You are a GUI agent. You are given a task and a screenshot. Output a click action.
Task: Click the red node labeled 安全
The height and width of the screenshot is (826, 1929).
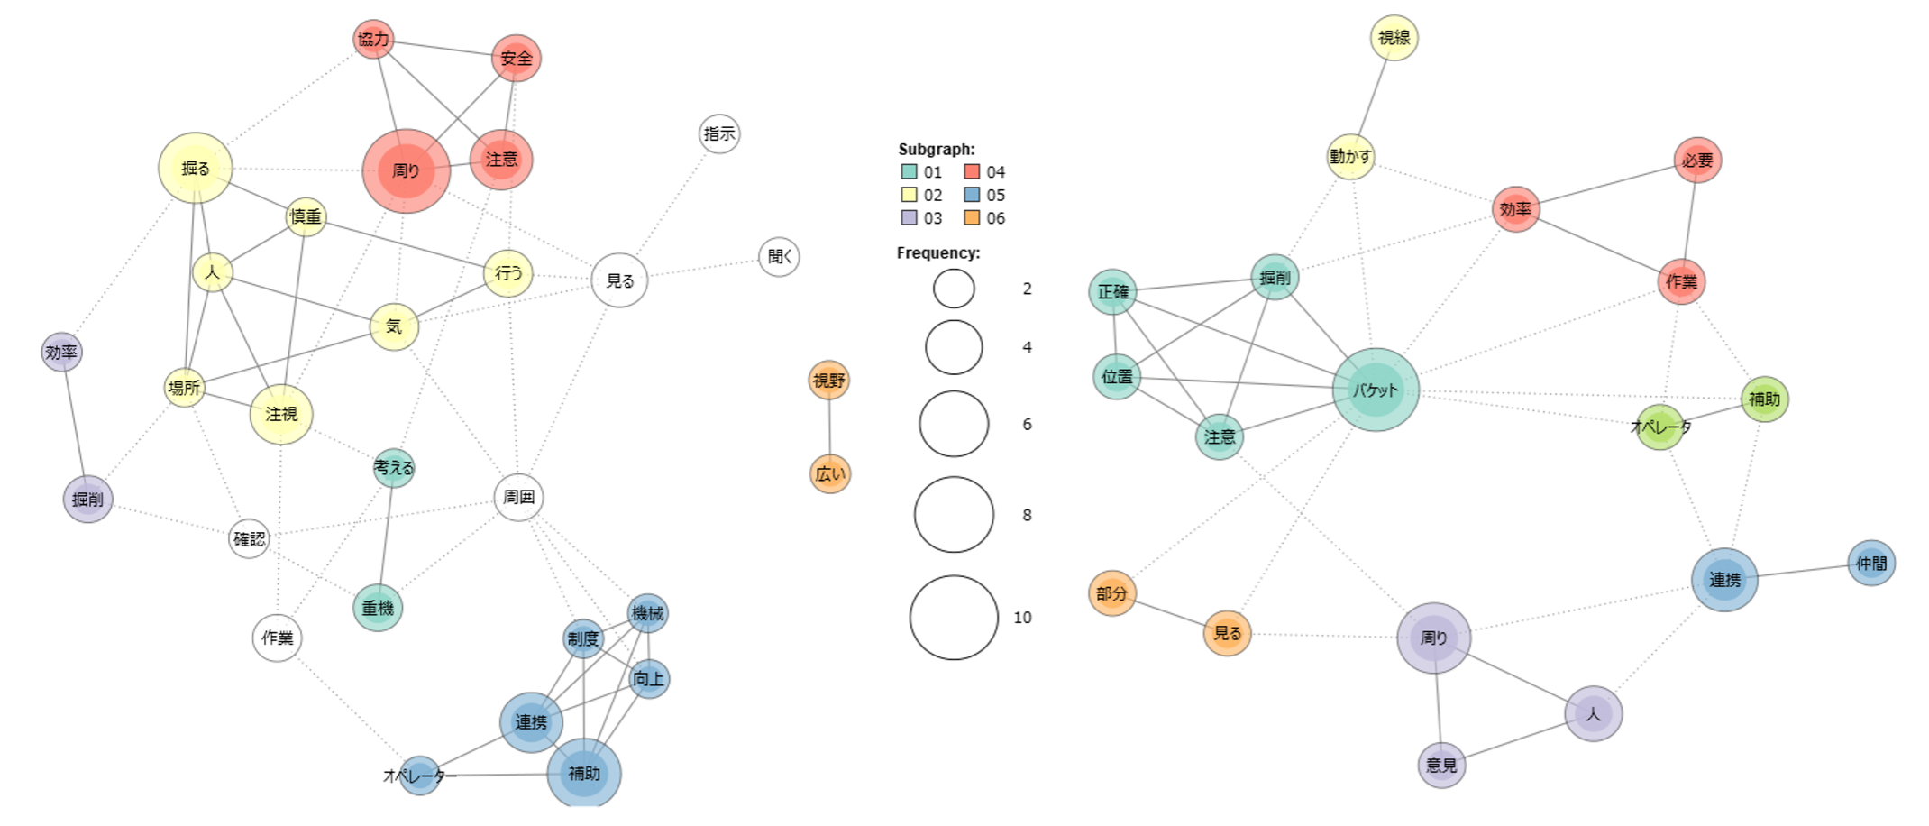pyautogui.click(x=516, y=59)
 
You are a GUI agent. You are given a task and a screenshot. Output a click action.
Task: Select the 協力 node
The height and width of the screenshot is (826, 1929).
pyautogui.click(x=373, y=39)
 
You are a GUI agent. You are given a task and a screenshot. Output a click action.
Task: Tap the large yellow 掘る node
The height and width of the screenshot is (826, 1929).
pyautogui.click(x=195, y=168)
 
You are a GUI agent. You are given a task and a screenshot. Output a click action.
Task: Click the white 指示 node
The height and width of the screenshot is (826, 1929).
pyautogui.click(x=719, y=134)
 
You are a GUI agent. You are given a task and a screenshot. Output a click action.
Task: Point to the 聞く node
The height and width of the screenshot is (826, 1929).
pyautogui.click(x=779, y=257)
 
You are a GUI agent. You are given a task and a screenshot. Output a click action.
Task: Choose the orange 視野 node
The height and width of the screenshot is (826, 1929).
pyautogui.click(x=829, y=381)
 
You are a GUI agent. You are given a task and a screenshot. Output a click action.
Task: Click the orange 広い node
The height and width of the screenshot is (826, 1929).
pyautogui.click(x=829, y=473)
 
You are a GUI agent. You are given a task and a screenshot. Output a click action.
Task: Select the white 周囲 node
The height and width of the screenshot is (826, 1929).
pyautogui.click(x=518, y=497)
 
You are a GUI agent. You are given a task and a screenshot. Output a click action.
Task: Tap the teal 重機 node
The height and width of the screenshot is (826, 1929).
pyautogui.click(x=378, y=608)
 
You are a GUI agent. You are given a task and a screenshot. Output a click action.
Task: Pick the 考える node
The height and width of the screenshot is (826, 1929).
pyautogui.click(x=394, y=468)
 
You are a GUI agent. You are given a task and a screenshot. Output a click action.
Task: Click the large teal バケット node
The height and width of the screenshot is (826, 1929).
pyautogui.click(x=1376, y=390)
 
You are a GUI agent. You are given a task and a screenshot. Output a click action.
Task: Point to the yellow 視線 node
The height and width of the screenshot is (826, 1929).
pyautogui.click(x=1394, y=38)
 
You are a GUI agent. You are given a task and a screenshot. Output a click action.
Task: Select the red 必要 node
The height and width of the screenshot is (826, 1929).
pyautogui.click(x=1697, y=161)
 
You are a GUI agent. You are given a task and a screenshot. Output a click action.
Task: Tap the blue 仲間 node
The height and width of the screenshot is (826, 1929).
pyautogui.click(x=1871, y=564)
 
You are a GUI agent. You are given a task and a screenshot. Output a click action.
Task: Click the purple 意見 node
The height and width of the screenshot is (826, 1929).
pyautogui.click(x=1441, y=766)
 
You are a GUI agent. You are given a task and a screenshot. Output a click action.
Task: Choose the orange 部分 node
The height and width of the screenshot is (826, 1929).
pyautogui.click(x=1111, y=593)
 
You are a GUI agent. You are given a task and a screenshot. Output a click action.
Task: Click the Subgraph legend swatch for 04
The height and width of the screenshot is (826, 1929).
pyautogui.click(x=972, y=172)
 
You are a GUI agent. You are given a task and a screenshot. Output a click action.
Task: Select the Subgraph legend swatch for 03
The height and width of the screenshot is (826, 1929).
pyautogui.click(x=909, y=218)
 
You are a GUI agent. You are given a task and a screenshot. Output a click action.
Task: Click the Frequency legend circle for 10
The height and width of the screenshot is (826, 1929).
pyautogui.click(x=954, y=618)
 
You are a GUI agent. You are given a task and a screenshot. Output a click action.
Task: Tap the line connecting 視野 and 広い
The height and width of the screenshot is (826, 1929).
pyautogui.click(x=829, y=427)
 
